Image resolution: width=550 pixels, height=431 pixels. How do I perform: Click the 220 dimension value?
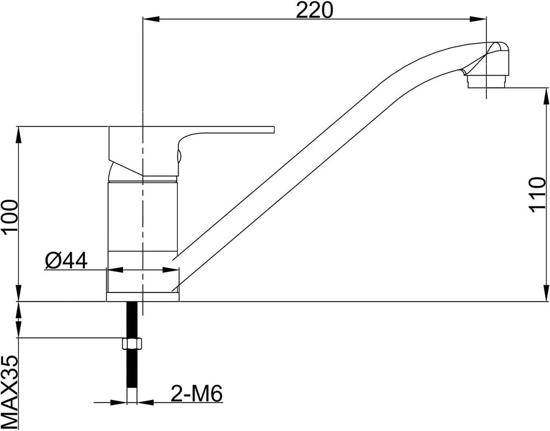coord(314,10)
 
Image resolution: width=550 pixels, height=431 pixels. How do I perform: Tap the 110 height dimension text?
coord(537,195)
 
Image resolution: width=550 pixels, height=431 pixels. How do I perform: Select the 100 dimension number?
coord(10,217)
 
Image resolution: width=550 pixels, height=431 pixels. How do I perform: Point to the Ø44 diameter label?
coord(66,260)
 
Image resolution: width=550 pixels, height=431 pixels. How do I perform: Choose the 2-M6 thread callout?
coord(197,394)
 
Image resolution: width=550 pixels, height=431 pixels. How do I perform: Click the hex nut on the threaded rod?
coord(132,343)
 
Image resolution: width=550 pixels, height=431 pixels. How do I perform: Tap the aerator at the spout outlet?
coord(487,82)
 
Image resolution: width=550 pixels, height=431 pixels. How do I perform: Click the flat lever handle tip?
coord(270,129)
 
